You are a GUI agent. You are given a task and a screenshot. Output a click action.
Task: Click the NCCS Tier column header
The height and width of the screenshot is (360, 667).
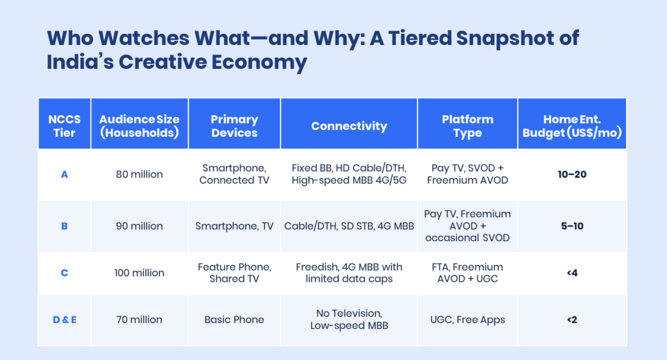[64, 126]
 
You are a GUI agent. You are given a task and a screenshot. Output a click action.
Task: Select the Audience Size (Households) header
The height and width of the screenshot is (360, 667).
[139, 126]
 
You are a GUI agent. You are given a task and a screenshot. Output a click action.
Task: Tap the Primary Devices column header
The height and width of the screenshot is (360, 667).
[234, 126]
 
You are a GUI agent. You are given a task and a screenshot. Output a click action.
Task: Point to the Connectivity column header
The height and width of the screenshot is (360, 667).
[349, 126]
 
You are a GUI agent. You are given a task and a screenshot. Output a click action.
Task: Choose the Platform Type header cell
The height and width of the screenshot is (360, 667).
[468, 126]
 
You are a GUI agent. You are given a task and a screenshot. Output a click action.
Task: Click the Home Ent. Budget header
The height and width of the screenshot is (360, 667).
[572, 126]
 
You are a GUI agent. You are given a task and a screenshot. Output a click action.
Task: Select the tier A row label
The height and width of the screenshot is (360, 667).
[64, 174]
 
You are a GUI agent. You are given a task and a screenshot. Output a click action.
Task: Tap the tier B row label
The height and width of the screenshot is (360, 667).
[64, 226]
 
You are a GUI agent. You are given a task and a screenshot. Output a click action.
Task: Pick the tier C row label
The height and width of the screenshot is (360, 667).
[64, 273]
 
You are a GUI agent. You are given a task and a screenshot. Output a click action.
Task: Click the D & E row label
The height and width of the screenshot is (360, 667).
[64, 320]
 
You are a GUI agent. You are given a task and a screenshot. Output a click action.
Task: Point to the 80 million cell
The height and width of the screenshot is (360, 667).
[139, 174]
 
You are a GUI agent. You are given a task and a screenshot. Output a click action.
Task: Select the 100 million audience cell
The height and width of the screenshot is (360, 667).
[139, 273]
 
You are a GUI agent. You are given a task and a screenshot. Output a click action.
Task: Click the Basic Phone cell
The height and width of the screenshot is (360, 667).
[234, 320]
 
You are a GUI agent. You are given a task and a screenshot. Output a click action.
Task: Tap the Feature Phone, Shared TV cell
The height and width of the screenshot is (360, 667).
[234, 273]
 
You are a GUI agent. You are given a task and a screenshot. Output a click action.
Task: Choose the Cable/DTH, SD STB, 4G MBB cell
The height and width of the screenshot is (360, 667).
[349, 226]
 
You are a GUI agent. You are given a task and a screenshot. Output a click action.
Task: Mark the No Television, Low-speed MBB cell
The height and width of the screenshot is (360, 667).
[349, 320]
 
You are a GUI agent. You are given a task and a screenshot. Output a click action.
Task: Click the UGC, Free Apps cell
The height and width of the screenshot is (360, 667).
[468, 320]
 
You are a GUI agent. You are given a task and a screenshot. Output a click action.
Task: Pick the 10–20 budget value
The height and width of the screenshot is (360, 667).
[572, 174]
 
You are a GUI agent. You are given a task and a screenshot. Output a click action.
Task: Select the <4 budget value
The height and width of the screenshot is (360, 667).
[572, 273]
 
